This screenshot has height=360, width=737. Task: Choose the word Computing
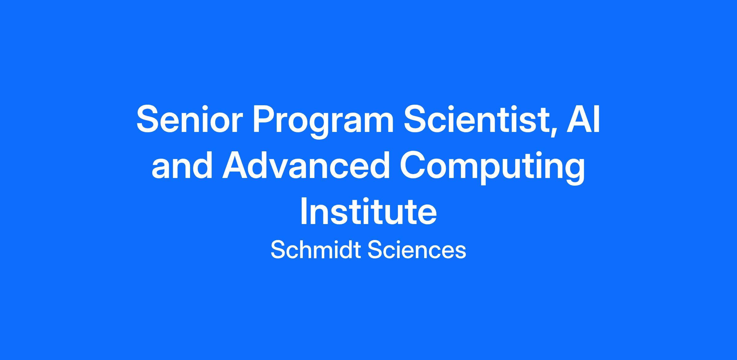tap(493, 168)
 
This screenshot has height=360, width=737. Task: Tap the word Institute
tap(368, 211)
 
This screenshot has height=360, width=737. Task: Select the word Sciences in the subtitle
tap(417, 250)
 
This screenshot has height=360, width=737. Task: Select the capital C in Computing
tap(413, 165)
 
